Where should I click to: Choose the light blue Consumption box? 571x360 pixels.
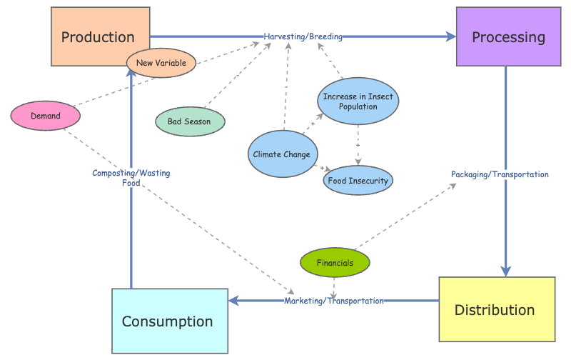tap(169, 321)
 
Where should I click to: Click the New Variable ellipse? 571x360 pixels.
tap(161, 63)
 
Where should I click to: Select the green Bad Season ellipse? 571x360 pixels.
tap(191, 121)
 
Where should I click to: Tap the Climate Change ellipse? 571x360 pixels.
tap(282, 154)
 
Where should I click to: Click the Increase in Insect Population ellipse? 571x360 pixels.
tap(358, 101)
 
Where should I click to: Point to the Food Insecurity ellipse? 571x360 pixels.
tap(358, 181)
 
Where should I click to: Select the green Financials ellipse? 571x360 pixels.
tap(335, 263)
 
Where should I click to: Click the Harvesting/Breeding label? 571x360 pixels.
tap(303, 36)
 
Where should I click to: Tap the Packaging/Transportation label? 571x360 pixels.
tap(500, 174)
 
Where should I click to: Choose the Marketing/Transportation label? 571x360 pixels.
tap(334, 301)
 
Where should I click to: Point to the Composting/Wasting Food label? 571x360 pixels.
tap(131, 177)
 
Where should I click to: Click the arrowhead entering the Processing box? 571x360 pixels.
tap(451, 36)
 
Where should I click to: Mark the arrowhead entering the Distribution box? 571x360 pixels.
tap(505, 271)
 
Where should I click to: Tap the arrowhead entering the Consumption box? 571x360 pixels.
tap(233, 301)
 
